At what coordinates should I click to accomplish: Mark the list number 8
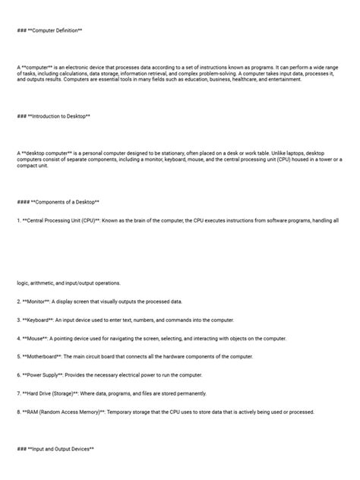(x=18, y=412)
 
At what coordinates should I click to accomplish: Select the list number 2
(x=18, y=301)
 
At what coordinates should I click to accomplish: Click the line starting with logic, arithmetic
(x=68, y=283)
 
